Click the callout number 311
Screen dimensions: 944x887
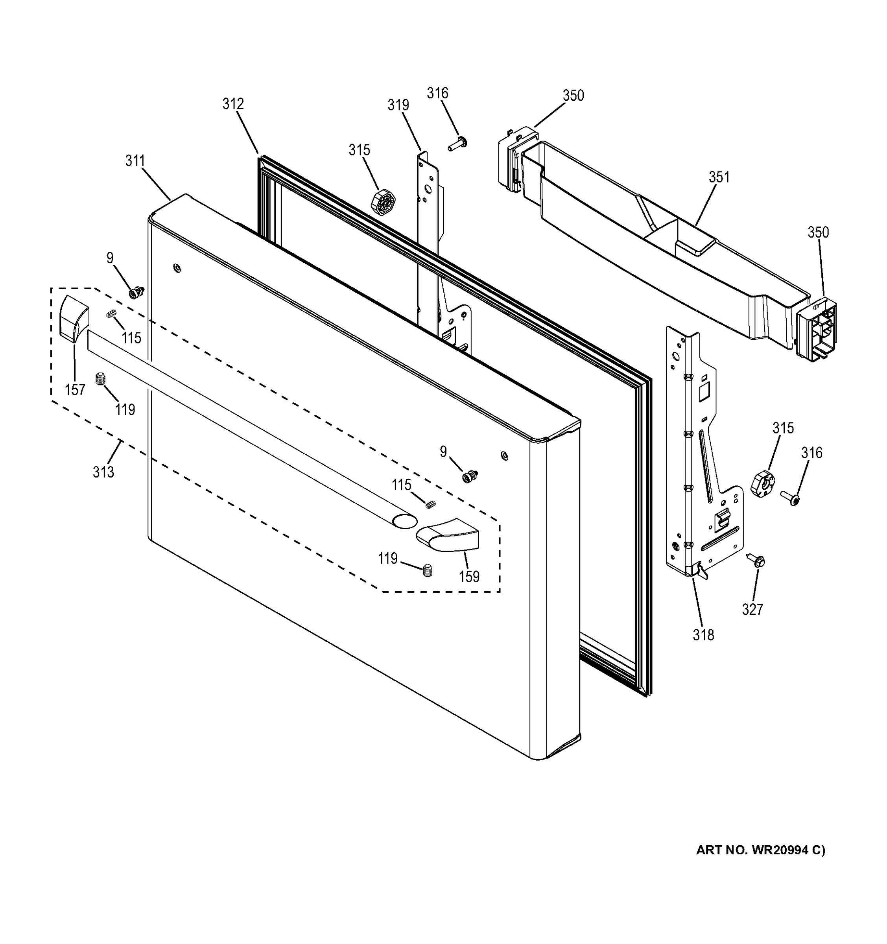click(x=135, y=161)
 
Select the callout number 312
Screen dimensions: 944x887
click(x=233, y=104)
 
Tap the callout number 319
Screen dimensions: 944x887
click(x=398, y=105)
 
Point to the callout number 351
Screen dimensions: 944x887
click(x=719, y=177)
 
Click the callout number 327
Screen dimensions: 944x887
click(x=752, y=609)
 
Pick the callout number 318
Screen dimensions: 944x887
click(x=703, y=635)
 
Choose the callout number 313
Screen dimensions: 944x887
click(x=103, y=472)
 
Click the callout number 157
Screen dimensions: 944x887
click(x=75, y=390)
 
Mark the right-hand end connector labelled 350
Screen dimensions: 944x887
click(x=817, y=330)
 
